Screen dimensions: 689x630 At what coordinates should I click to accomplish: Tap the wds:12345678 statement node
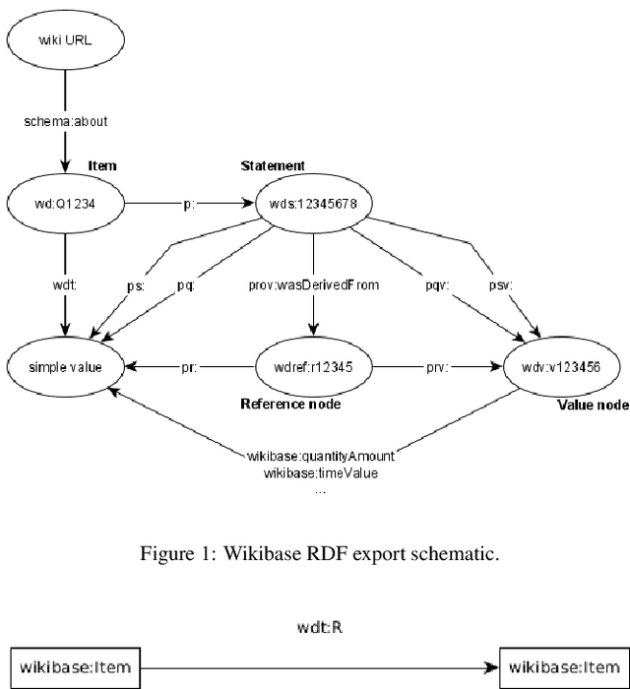point(312,204)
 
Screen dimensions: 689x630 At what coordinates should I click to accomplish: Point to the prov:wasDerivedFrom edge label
point(312,285)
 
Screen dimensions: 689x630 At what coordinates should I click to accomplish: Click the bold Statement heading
point(273,165)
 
